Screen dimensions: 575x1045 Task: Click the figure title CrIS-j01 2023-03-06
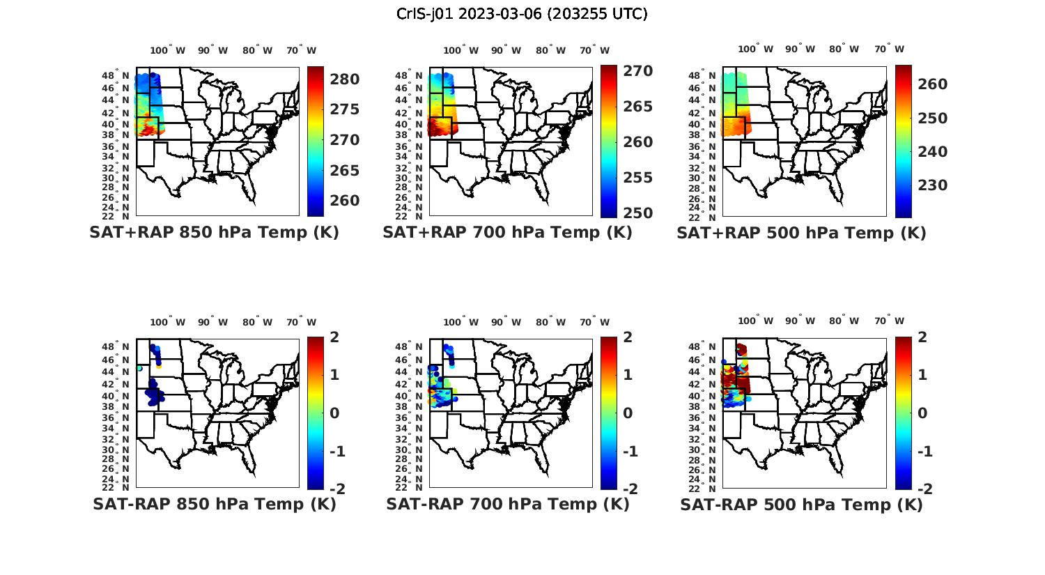(522, 14)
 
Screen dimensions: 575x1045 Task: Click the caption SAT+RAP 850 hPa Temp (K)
(214, 233)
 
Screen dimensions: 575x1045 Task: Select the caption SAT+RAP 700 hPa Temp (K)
(507, 233)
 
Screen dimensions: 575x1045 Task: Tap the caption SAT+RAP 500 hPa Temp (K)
(801, 233)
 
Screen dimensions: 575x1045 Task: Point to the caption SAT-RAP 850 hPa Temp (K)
(214, 504)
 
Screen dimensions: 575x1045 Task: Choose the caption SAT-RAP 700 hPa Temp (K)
(507, 504)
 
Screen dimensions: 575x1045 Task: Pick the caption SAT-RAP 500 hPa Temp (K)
(801, 505)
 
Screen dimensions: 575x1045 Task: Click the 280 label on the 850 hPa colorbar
(344, 79)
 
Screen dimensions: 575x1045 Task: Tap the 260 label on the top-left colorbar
(344, 201)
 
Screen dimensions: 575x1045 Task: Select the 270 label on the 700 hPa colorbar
(637, 71)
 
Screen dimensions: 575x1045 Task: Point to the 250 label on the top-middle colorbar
(637, 213)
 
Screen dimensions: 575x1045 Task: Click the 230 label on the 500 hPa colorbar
(932, 185)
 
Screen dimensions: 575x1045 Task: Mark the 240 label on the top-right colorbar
(932, 152)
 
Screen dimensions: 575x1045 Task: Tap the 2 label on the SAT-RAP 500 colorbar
(921, 337)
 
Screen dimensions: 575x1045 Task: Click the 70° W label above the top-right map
(889, 49)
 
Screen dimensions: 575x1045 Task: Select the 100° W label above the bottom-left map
(167, 322)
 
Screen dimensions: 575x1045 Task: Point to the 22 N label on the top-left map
(121, 216)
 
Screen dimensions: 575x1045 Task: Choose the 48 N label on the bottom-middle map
(415, 347)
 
